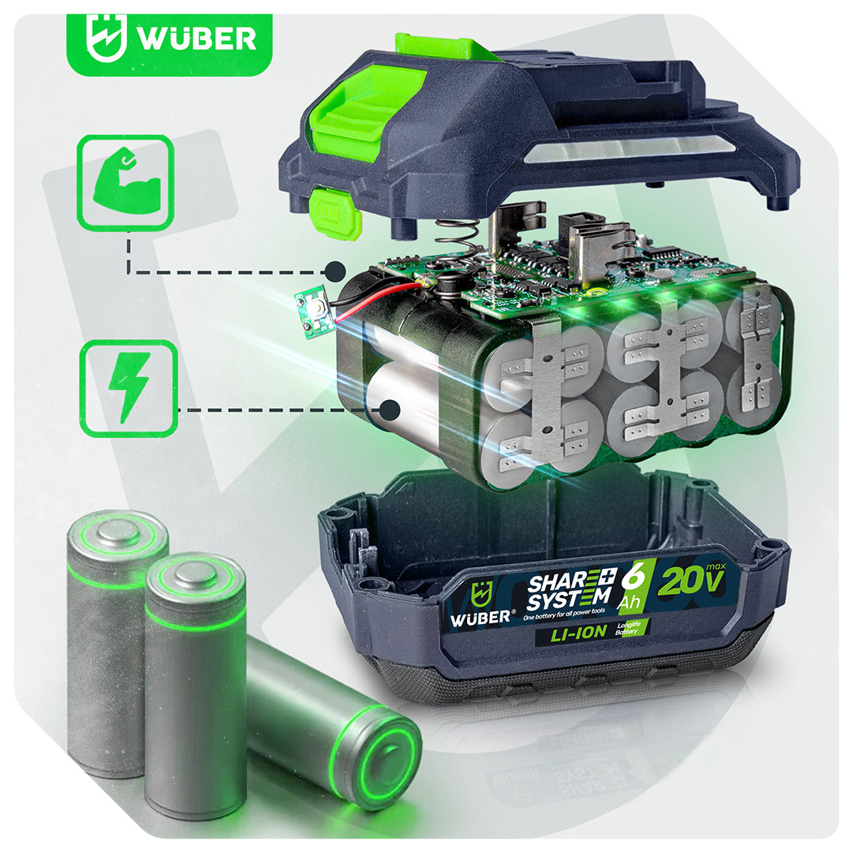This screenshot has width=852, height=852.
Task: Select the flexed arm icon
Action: (125, 184)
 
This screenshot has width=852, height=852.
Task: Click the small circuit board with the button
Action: (313, 312)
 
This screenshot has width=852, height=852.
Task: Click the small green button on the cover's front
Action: (335, 211)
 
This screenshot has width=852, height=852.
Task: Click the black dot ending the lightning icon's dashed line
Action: (390, 409)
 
